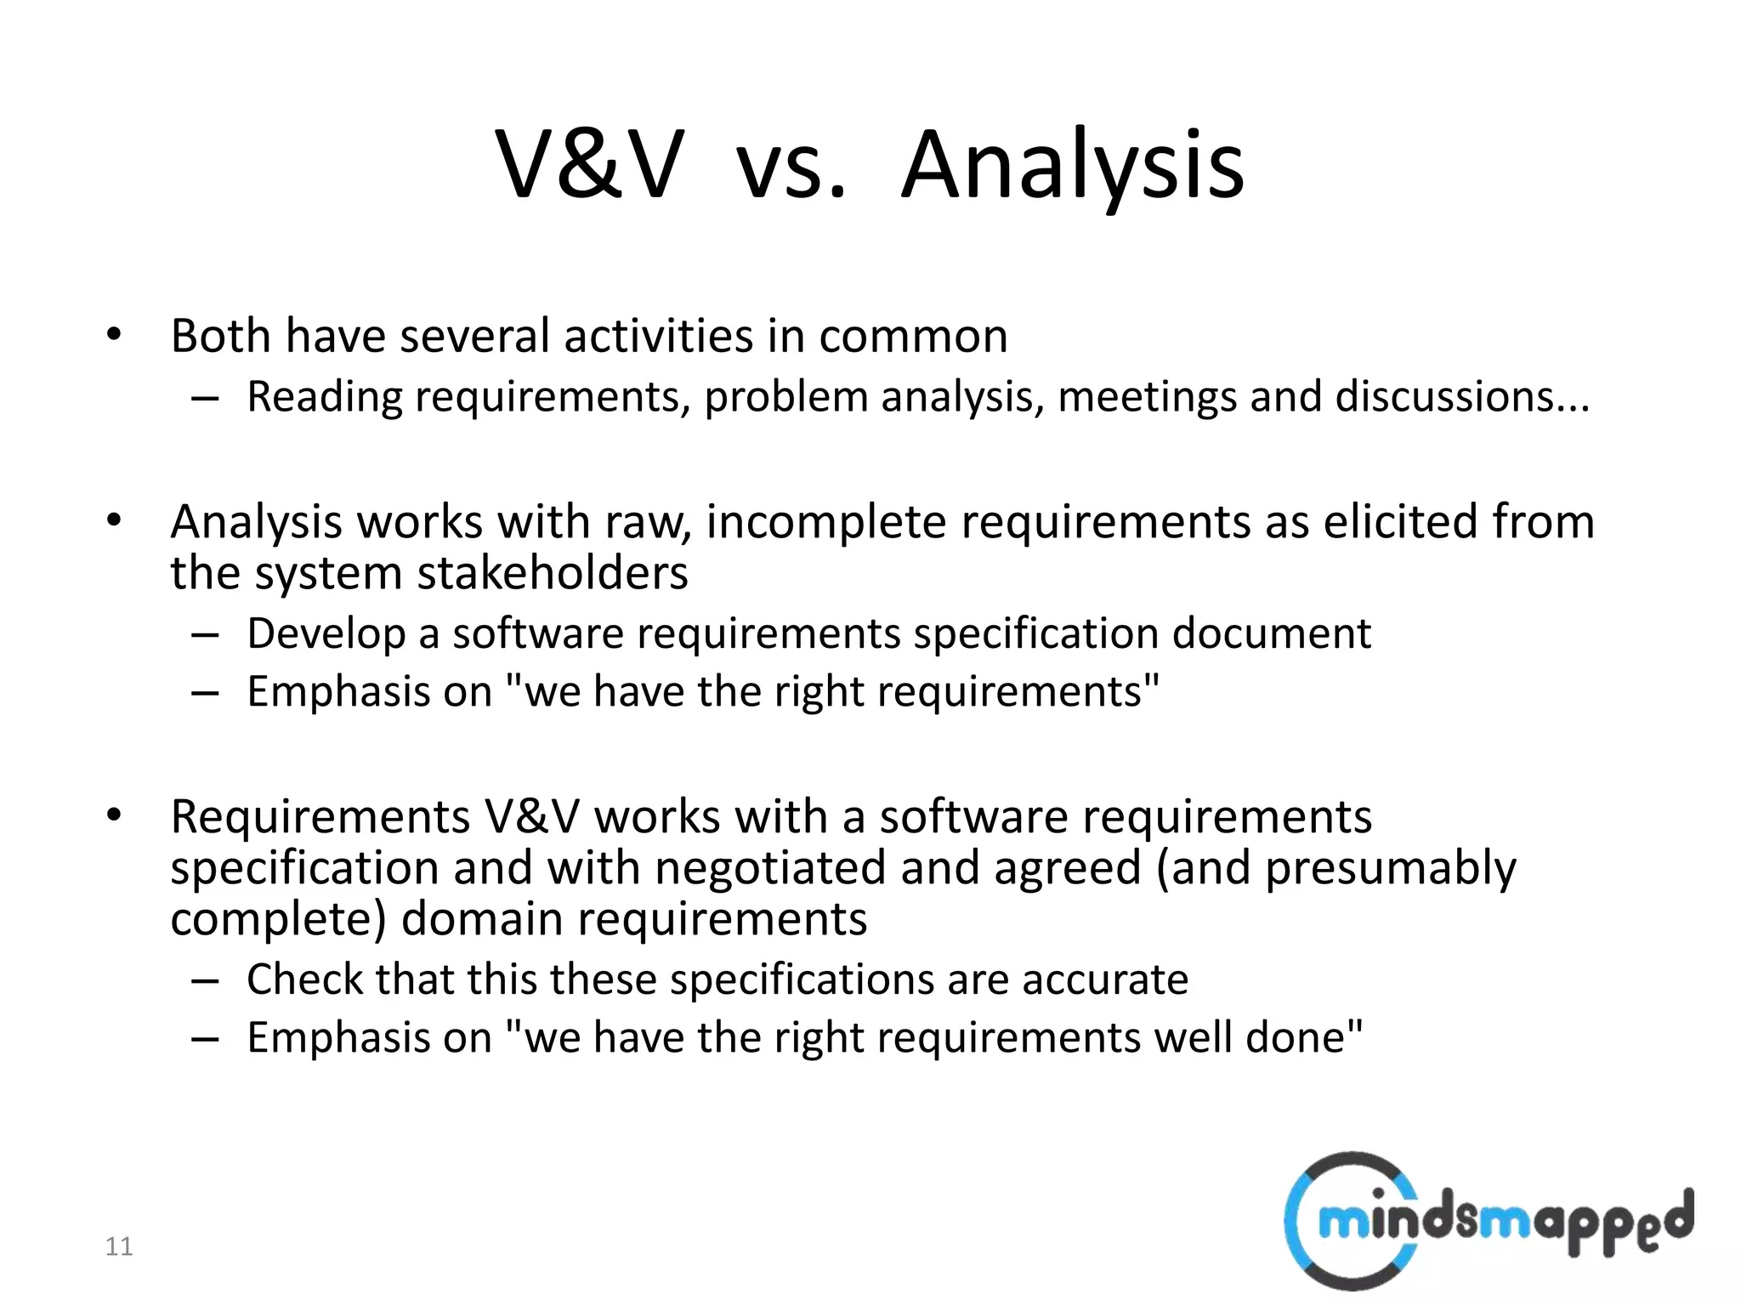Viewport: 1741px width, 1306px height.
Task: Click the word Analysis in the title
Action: pyautogui.click(x=1072, y=165)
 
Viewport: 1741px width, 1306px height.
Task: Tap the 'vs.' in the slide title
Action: pyautogui.click(x=791, y=165)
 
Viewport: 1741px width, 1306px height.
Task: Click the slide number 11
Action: pyautogui.click(x=119, y=1246)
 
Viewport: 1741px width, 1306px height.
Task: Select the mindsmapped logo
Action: pyautogui.click(x=1489, y=1220)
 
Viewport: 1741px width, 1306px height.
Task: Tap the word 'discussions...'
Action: pyautogui.click(x=1461, y=397)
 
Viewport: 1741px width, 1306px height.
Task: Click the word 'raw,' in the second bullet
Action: pyautogui.click(x=648, y=521)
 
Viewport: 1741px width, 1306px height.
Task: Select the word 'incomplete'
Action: pyautogui.click(x=825, y=521)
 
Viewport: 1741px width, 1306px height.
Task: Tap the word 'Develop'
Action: pyautogui.click(x=326, y=634)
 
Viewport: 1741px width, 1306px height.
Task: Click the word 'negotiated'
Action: pyautogui.click(x=770, y=868)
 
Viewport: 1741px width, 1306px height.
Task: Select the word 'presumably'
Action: pyautogui.click(x=1390, y=868)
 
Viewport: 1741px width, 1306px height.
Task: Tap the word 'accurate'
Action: pyautogui.click(x=1104, y=979)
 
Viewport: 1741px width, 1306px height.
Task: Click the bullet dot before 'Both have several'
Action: pyautogui.click(x=114, y=335)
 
